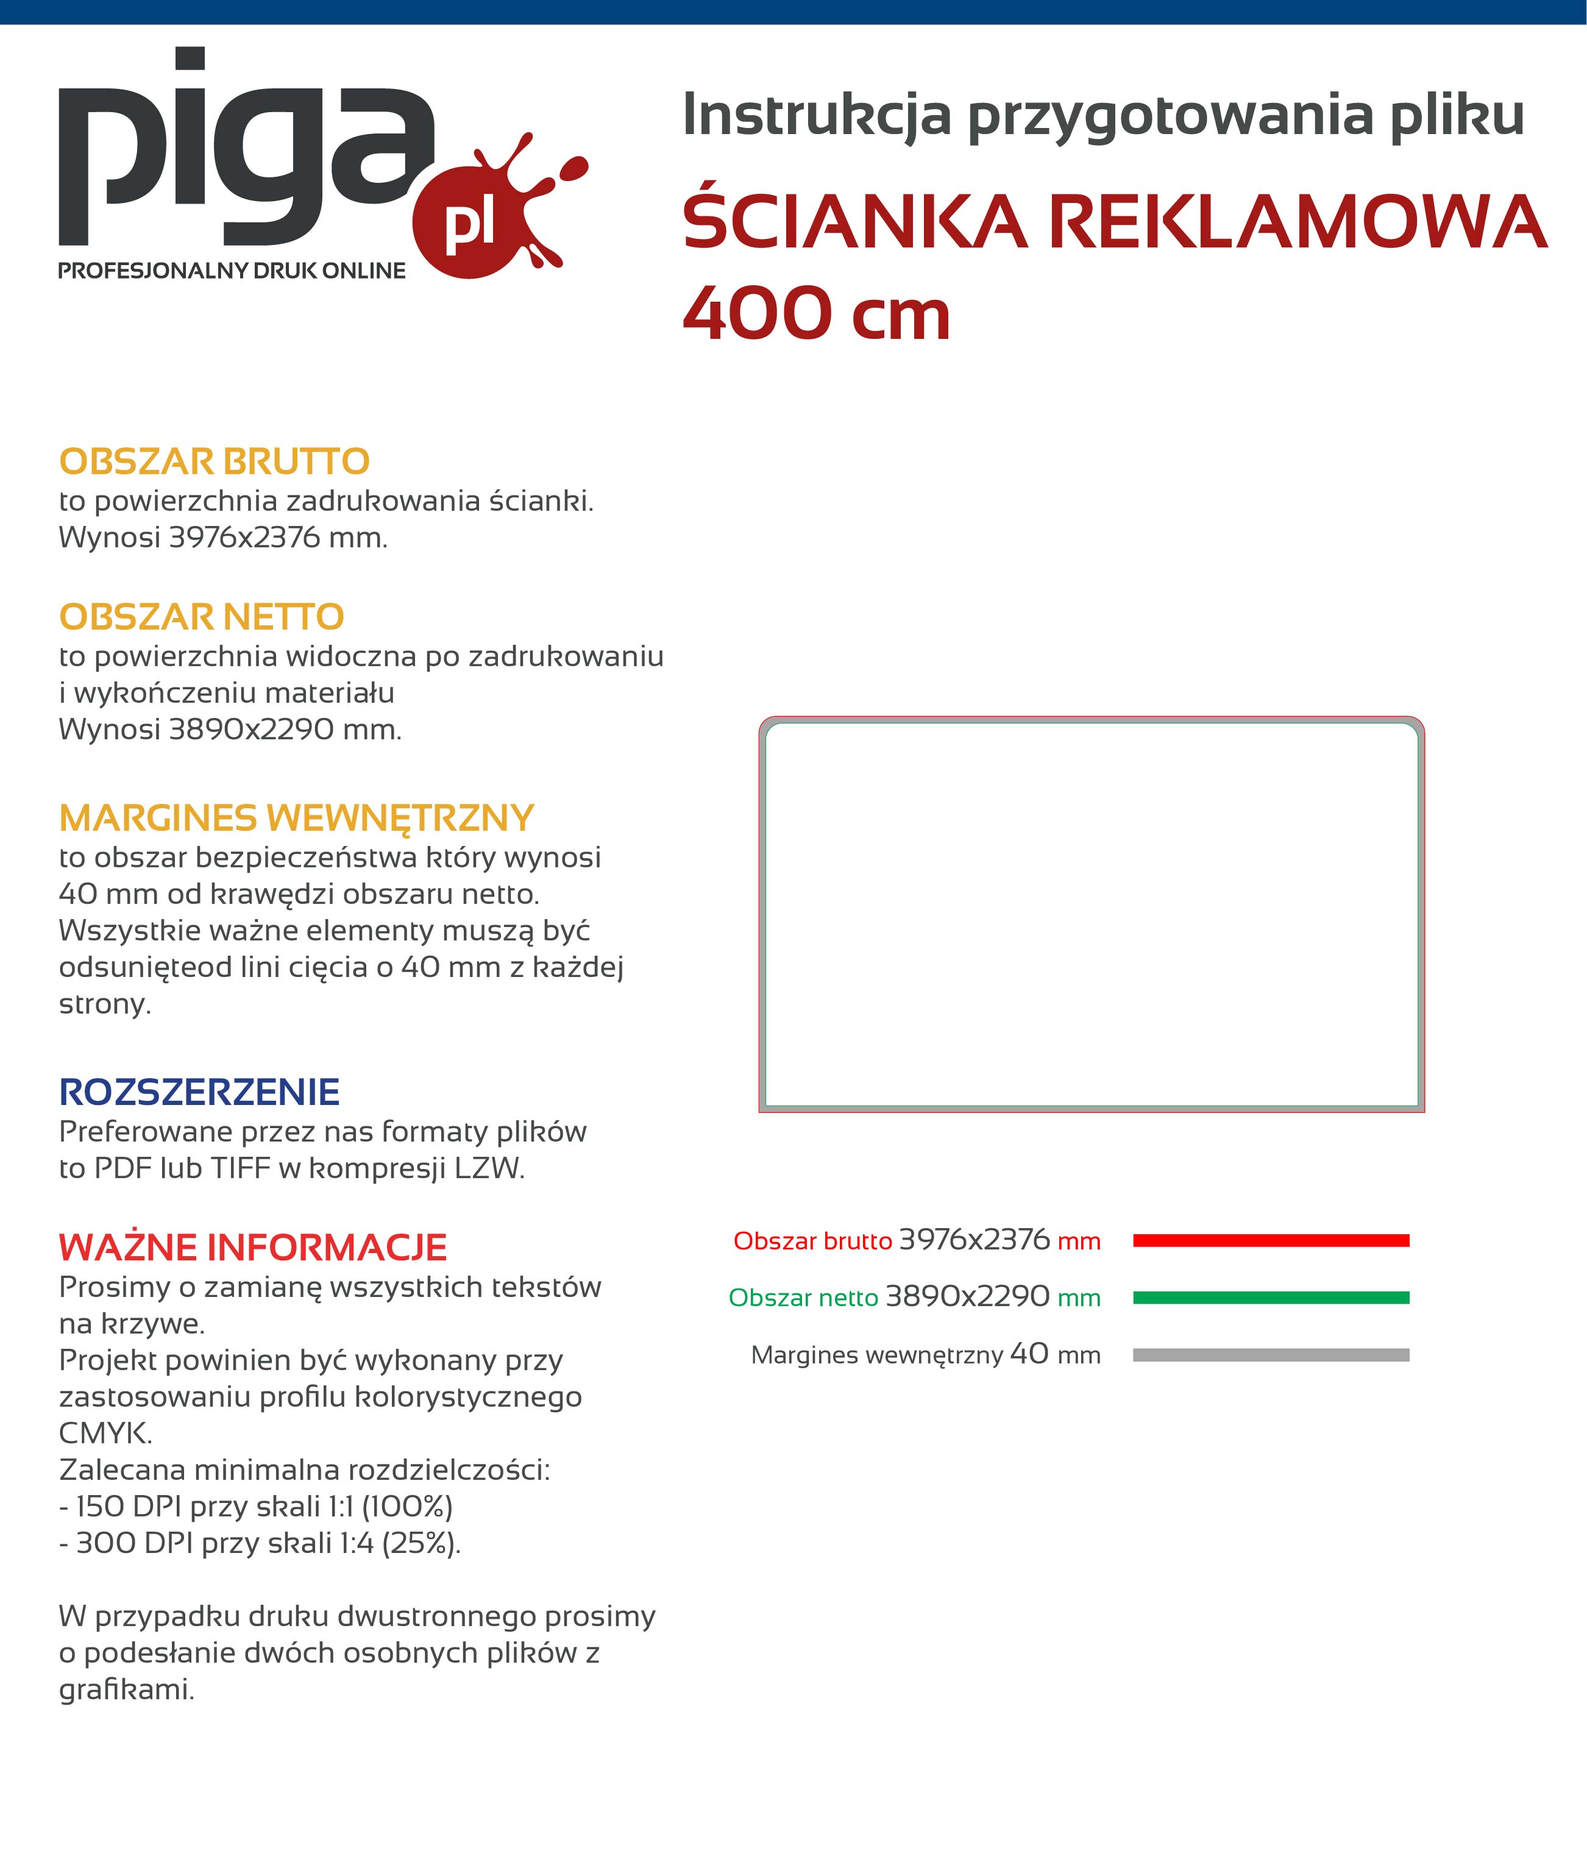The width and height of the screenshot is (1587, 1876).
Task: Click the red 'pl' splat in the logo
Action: click(x=470, y=224)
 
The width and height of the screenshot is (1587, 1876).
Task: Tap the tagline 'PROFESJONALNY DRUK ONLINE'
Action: click(x=232, y=271)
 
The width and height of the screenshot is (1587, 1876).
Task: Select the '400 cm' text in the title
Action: click(x=816, y=315)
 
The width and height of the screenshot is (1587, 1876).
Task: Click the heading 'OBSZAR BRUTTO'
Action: click(x=214, y=461)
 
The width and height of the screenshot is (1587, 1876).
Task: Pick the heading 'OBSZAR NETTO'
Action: click(x=202, y=617)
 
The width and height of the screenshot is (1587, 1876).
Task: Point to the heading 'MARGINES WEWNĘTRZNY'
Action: click(x=297, y=818)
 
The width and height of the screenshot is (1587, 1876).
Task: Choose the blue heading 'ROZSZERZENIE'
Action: click(x=199, y=1092)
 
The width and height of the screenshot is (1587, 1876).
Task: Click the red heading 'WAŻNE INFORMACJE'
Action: click(x=253, y=1248)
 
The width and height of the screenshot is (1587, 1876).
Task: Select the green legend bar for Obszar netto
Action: click(x=1270, y=1298)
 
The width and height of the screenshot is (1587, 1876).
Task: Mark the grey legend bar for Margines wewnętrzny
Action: click(x=1270, y=1355)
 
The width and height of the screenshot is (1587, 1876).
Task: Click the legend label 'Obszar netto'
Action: click(x=803, y=1298)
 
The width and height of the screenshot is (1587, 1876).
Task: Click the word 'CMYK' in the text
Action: click(x=104, y=1434)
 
